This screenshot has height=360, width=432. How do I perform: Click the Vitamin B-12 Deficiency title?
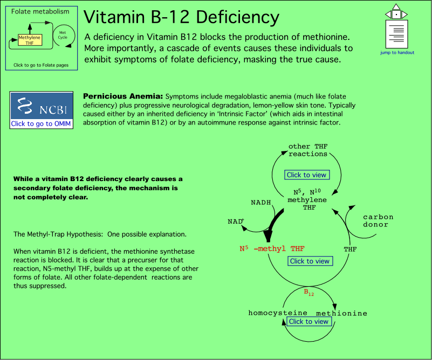pos(182,17)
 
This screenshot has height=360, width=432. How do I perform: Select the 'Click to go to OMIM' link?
pos(42,123)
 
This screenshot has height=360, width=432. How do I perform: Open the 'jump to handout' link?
pos(396,52)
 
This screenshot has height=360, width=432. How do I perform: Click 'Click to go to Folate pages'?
pos(41,65)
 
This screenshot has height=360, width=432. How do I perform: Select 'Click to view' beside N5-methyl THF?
pos(310,261)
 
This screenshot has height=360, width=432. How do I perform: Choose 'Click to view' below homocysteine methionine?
pos(308,321)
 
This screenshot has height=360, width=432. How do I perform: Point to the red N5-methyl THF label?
pos(272,249)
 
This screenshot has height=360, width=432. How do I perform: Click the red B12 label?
pos(308,293)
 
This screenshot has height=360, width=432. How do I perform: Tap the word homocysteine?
pos(278,313)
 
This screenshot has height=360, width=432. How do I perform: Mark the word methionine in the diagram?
pos(341,313)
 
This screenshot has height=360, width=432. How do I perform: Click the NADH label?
pos(260,203)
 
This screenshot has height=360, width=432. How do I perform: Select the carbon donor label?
pos(378,220)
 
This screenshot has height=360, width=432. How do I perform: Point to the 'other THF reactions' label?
pos(308,150)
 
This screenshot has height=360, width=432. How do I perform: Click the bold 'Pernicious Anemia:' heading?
pos(123,95)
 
